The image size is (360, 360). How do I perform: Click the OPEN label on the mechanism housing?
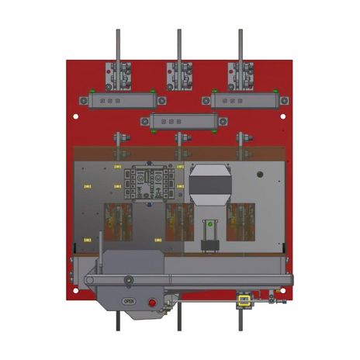click(x=129, y=300)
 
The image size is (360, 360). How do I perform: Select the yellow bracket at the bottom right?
click(x=244, y=299)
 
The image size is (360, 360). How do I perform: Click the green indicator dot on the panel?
click(x=207, y=225)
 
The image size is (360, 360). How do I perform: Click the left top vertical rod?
click(x=118, y=45)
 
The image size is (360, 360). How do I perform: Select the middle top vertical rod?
click(x=179, y=45)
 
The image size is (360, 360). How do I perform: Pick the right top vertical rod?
click(x=240, y=45)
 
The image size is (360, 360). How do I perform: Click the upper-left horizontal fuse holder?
click(x=117, y=100)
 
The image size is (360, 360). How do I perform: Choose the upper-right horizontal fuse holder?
click(x=240, y=100)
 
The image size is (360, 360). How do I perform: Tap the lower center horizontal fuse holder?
click(x=179, y=122)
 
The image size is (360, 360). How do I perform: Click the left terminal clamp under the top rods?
click(x=118, y=75)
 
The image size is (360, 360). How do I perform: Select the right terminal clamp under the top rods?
click(x=240, y=75)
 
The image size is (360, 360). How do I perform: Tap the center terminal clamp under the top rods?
click(x=179, y=75)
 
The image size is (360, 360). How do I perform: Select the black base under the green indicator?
click(x=207, y=247)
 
